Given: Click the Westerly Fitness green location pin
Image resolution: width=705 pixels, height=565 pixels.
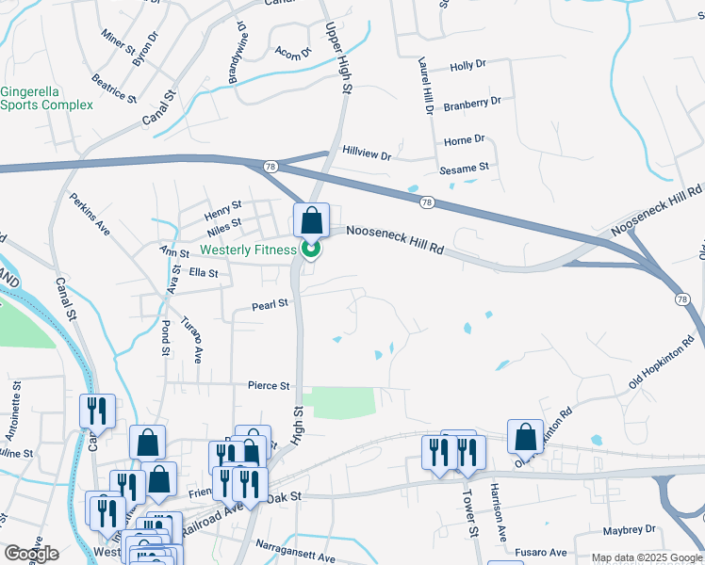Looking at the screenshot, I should coord(311,250).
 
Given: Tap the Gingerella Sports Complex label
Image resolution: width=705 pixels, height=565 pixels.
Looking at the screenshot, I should coord(46,98).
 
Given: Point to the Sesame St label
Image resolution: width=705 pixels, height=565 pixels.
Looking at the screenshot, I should coord(465,168).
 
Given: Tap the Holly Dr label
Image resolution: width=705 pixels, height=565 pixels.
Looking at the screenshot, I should coord(467,66).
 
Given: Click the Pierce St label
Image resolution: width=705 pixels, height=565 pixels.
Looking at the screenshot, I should coord(269,386).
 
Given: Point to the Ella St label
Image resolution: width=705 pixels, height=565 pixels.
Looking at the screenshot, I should coord(204,273).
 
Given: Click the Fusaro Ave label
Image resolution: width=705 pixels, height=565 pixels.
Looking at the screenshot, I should coord(541,552).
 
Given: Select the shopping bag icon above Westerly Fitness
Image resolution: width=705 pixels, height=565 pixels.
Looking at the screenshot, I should coord(311,220).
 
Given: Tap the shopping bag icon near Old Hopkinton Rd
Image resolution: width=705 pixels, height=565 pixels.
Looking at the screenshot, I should coord(526,436).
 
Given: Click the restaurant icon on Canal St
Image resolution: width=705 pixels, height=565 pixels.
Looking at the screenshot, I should coord(98,411).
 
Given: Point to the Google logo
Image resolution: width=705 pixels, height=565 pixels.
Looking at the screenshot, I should coord(31,554).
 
